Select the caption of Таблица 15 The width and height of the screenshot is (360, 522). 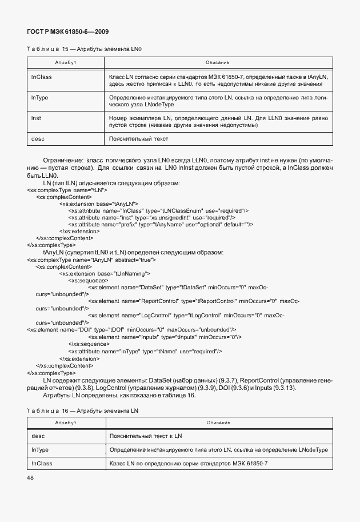84,49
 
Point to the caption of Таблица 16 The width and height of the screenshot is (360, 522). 82,411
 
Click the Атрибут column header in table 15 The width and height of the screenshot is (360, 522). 66,62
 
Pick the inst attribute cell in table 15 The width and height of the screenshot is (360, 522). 36,118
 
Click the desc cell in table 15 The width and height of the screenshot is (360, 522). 37,138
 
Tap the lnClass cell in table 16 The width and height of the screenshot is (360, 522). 41,463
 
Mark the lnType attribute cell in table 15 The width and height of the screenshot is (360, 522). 39,98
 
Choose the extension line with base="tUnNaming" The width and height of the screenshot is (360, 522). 105,273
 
